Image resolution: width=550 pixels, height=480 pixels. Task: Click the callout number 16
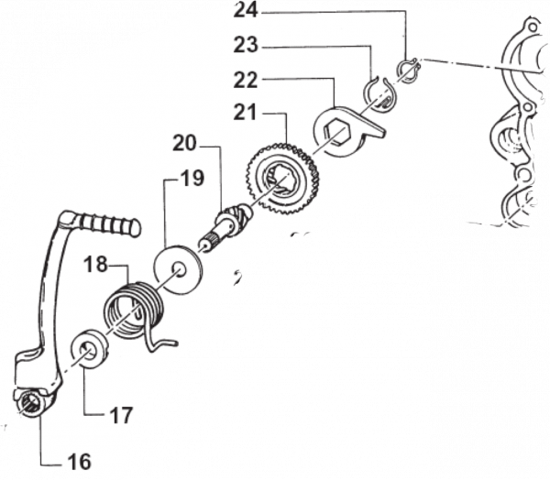pyautogui.click(x=80, y=462)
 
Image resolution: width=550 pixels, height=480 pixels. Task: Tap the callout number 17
pyautogui.click(x=121, y=415)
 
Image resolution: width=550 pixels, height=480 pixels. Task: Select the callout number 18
pyautogui.click(x=95, y=264)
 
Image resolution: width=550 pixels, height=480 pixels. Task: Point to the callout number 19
pyautogui.click(x=192, y=178)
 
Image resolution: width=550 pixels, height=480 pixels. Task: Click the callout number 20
pyautogui.click(x=185, y=143)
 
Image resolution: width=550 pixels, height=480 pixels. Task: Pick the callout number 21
pyautogui.click(x=245, y=113)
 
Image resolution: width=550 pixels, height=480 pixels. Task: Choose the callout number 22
pyautogui.click(x=246, y=80)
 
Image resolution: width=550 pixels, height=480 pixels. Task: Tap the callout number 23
pyautogui.click(x=246, y=45)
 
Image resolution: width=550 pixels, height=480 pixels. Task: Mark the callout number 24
pyautogui.click(x=246, y=10)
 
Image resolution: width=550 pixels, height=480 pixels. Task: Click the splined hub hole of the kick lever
pyautogui.click(x=32, y=403)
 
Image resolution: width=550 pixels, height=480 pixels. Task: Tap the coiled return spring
pyautogui.click(x=135, y=309)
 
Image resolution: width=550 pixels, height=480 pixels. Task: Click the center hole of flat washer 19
pyautogui.click(x=179, y=270)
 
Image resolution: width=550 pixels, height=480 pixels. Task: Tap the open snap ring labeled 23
pyautogui.click(x=379, y=94)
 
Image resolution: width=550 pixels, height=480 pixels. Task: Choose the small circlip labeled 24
pyautogui.click(x=408, y=71)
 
